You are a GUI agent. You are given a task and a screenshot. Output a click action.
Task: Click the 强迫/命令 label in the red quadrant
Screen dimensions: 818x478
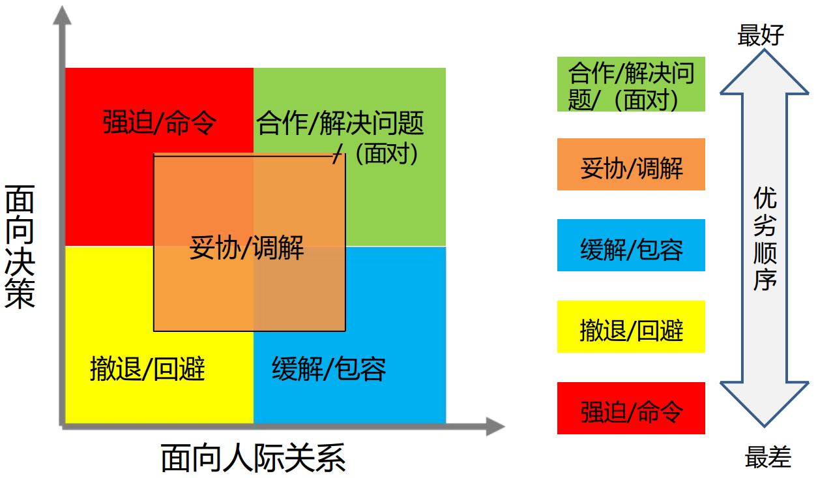tap(160, 122)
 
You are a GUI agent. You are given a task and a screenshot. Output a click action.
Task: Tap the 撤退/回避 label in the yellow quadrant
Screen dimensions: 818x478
tap(148, 369)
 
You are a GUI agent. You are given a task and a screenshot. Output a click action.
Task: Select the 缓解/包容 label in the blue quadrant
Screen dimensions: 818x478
tap(329, 369)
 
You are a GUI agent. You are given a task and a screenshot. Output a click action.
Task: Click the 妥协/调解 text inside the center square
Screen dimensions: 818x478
tap(247, 248)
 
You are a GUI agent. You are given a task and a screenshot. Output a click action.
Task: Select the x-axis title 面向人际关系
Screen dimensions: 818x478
tap(253, 458)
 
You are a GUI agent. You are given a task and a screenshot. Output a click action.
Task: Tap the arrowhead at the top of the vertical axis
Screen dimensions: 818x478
tap(62, 16)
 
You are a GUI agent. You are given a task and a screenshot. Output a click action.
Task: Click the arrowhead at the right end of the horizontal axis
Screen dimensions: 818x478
tap(495, 427)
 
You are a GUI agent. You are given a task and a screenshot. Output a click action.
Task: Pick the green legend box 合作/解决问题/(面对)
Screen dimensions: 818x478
tap(631, 84)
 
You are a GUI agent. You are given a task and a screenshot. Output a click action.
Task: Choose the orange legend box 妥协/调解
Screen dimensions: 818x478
tap(631, 164)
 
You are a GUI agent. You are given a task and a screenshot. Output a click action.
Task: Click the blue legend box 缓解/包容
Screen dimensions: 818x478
tap(631, 245)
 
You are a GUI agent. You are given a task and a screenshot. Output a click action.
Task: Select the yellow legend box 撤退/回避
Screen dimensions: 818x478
tap(631, 327)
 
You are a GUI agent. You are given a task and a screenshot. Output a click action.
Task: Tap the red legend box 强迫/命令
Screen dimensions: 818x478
tap(631, 408)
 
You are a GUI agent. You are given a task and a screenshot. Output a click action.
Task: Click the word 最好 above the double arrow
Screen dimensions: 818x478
tap(761, 35)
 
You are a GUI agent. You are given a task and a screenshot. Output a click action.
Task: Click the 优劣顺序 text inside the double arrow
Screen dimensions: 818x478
tap(765, 238)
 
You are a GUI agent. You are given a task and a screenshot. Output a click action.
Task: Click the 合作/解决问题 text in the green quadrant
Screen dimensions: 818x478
tap(340, 123)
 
